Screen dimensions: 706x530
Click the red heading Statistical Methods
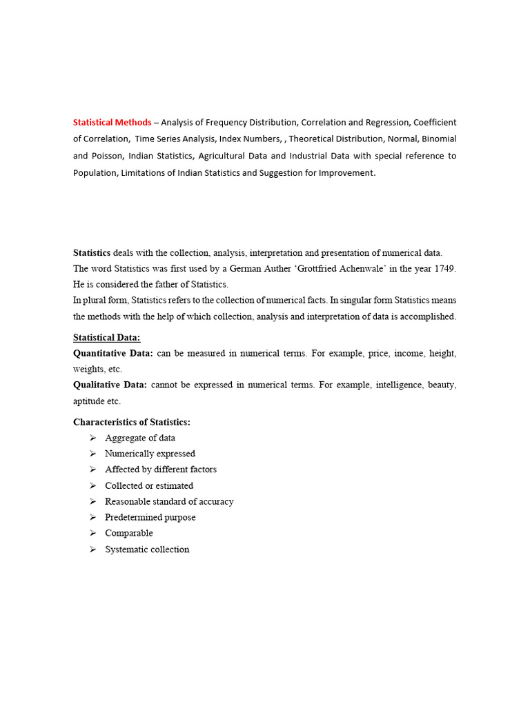(x=112, y=123)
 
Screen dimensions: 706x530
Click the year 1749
(x=442, y=268)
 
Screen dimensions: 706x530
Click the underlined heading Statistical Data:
(x=106, y=337)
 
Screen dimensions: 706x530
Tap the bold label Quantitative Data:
(x=112, y=354)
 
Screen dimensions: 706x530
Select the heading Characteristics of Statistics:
(x=131, y=422)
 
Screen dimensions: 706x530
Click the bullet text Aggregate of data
(x=140, y=438)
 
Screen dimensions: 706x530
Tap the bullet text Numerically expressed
(x=150, y=454)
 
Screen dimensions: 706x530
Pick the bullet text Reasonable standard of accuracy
(x=169, y=501)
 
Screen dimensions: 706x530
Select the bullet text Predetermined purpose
(x=150, y=517)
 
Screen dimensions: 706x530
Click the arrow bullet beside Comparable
(x=92, y=534)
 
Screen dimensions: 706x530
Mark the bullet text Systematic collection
(x=147, y=549)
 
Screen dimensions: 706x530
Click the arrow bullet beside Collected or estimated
(x=92, y=486)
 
